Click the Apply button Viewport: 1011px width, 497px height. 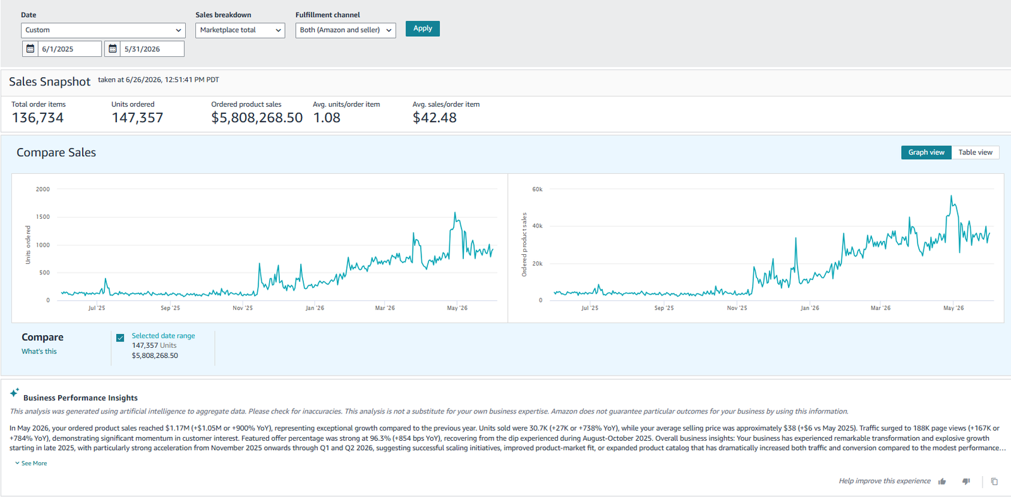click(x=423, y=28)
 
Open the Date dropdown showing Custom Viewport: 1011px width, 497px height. click(x=103, y=30)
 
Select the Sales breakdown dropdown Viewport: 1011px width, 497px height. click(x=240, y=30)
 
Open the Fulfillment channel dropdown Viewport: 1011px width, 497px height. click(x=346, y=30)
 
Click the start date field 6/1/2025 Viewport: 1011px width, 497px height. click(x=62, y=49)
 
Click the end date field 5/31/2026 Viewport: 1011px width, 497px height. click(x=145, y=49)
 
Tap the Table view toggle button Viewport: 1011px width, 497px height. click(x=976, y=152)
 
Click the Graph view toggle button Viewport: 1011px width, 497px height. click(x=926, y=152)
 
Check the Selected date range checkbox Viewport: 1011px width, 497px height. click(x=120, y=338)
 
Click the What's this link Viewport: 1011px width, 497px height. click(x=39, y=352)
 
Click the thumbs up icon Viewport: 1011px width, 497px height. click(x=942, y=481)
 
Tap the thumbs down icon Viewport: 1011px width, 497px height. click(x=966, y=481)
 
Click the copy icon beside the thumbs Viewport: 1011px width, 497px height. click(x=995, y=481)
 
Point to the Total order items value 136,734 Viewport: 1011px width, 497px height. click(x=37, y=118)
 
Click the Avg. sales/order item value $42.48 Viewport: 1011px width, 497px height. click(x=435, y=118)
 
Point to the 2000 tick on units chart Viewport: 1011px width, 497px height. click(x=43, y=189)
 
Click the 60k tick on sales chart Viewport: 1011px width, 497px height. click(x=537, y=189)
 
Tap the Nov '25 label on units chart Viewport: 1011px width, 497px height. click(x=243, y=308)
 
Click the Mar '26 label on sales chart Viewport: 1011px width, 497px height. click(x=881, y=308)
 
